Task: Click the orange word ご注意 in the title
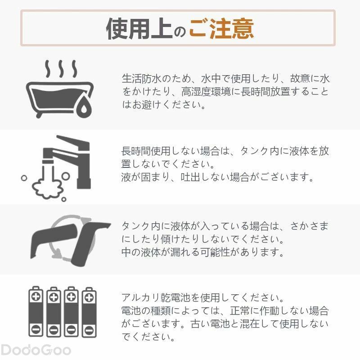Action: tap(221, 29)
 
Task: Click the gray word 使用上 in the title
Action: tap(139, 29)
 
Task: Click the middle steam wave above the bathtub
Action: tap(61, 69)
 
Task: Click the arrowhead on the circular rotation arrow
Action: tap(56, 253)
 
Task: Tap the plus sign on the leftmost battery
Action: tap(36, 297)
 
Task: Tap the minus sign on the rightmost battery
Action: tap(89, 331)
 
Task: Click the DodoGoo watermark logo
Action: tap(36, 351)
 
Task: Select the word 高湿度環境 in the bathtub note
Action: tap(206, 92)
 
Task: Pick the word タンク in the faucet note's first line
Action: tap(255, 151)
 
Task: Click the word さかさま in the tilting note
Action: tap(309, 226)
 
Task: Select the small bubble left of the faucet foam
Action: tap(24, 178)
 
